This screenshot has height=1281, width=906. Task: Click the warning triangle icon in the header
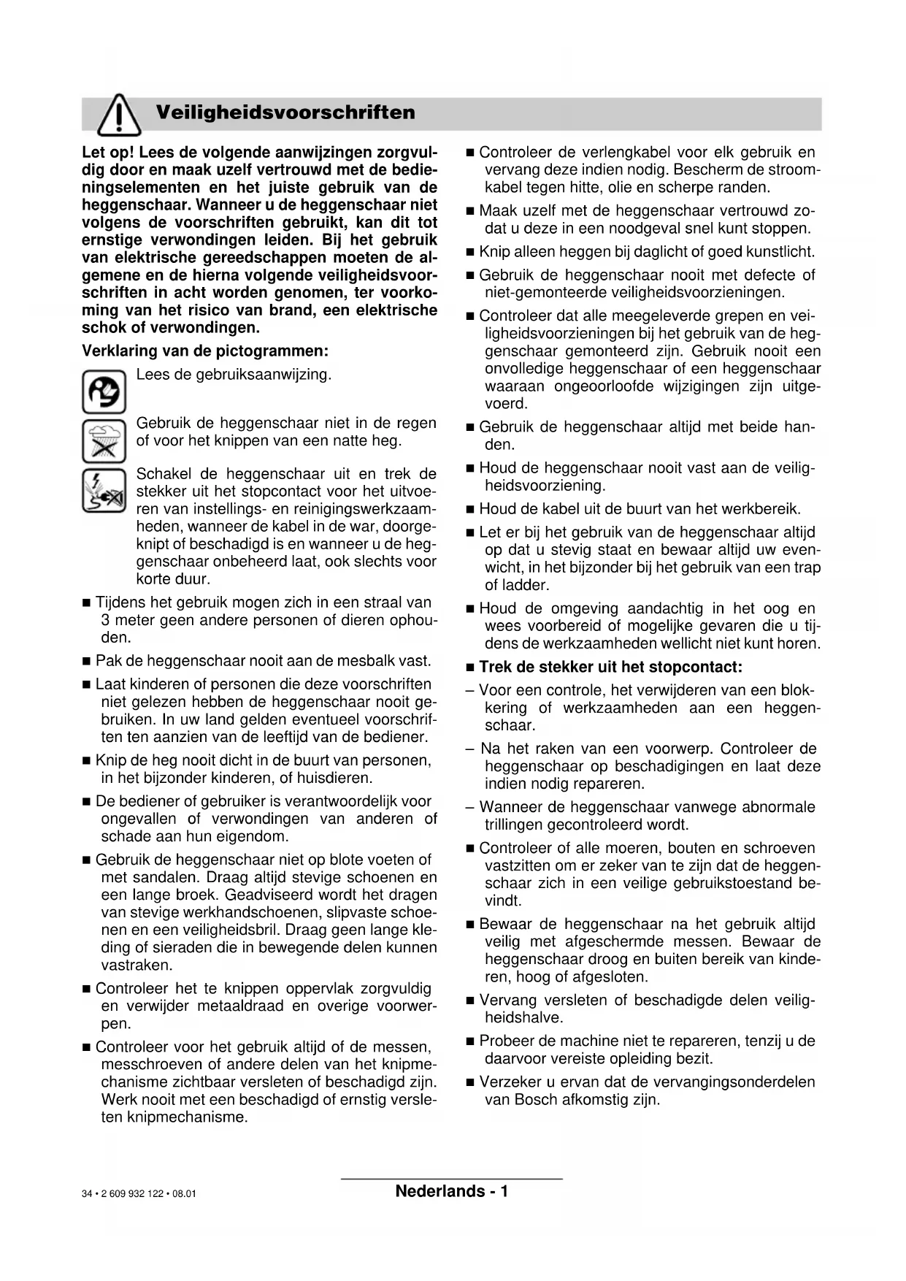(x=119, y=116)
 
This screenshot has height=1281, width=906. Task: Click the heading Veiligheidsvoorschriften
(x=285, y=112)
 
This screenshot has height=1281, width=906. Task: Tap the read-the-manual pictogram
(x=104, y=392)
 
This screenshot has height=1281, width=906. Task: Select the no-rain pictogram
(x=104, y=441)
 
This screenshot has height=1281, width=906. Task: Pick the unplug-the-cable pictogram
(x=104, y=490)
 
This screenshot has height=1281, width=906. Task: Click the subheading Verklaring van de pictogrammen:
(x=205, y=351)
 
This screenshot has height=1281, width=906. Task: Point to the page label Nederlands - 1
(x=451, y=1191)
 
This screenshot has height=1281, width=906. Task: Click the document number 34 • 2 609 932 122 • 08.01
(x=139, y=1194)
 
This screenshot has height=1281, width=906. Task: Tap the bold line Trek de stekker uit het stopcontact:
(x=610, y=667)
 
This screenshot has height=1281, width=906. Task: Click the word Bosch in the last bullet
(x=536, y=1099)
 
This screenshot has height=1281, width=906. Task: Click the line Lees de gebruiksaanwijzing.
(x=234, y=375)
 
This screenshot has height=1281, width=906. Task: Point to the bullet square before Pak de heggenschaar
(x=86, y=662)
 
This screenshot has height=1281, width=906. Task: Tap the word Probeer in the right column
(x=508, y=1041)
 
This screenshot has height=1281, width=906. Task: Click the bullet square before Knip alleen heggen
(x=470, y=253)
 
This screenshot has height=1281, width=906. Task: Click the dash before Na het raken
(x=470, y=749)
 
